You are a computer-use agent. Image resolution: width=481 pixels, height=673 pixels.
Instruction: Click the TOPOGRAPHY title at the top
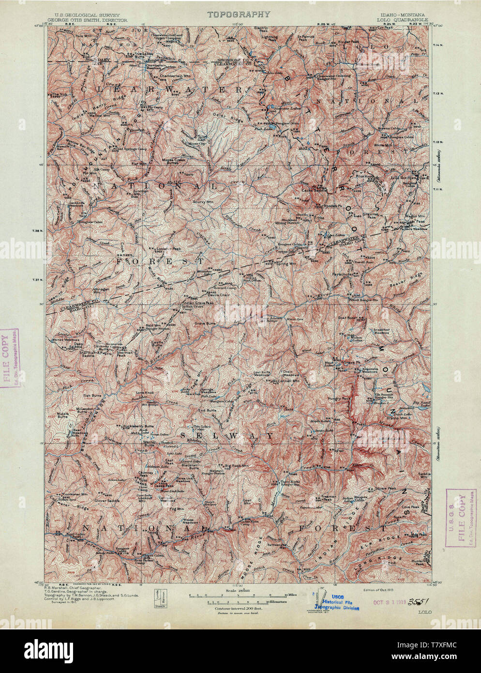pos(239,15)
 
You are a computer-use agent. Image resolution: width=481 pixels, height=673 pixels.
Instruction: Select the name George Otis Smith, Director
pos(96,21)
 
